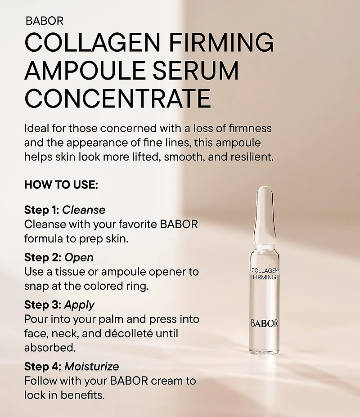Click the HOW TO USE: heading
(61, 185)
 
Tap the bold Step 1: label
(42, 210)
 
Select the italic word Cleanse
(84, 210)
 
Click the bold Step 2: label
(43, 258)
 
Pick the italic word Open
(79, 258)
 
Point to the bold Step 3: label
(43, 305)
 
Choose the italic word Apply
(79, 305)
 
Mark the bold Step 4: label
(43, 367)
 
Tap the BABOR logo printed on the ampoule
(264, 323)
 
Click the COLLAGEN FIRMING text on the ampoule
(264, 274)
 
